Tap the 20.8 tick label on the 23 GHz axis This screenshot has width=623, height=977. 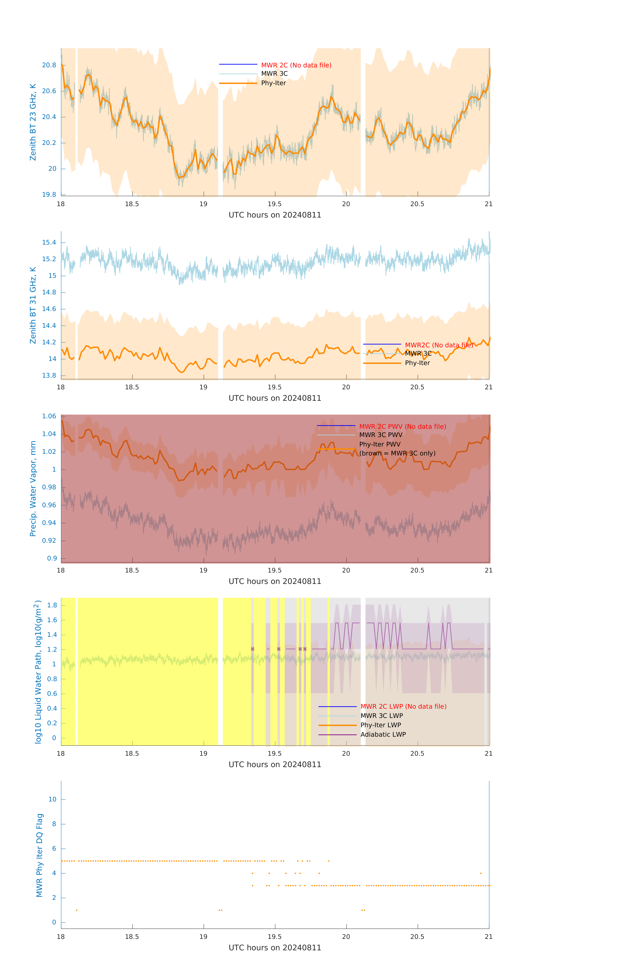(49, 65)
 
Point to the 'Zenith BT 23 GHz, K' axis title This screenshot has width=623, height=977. (33, 122)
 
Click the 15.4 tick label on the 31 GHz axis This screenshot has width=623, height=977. (49, 243)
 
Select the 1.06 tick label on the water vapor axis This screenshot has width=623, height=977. (49, 416)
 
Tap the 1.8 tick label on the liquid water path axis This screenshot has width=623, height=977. (52, 605)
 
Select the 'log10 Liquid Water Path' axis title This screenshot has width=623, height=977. (38, 672)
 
